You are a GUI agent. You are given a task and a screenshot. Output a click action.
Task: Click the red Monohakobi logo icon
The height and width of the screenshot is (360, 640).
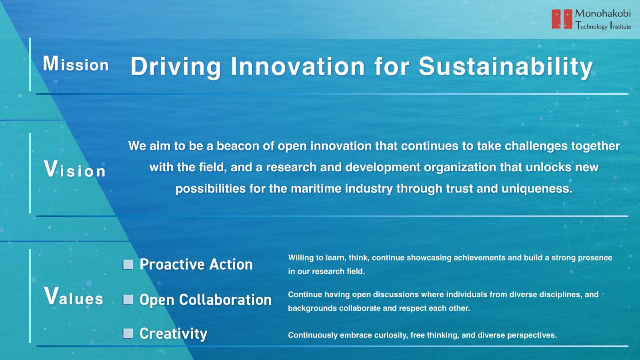point(562,19)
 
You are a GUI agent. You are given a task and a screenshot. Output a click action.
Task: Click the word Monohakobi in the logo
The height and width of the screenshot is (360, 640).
point(603,14)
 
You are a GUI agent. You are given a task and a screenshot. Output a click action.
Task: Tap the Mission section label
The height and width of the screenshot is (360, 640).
point(76,64)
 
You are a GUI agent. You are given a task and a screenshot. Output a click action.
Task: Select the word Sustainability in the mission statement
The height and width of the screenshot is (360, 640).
point(506,66)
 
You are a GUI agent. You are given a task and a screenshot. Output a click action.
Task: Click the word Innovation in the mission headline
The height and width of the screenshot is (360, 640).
point(298,66)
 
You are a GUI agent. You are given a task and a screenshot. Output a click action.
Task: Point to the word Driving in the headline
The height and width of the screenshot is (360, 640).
point(176,67)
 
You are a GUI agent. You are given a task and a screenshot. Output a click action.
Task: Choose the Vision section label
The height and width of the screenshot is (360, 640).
point(75,169)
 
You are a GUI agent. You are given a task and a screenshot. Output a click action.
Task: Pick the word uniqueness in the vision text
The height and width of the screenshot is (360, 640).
point(537,189)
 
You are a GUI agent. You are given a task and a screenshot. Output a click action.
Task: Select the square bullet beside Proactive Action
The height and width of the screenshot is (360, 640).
point(128,264)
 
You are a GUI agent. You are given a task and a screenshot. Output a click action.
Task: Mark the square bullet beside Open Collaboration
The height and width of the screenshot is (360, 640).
point(128,300)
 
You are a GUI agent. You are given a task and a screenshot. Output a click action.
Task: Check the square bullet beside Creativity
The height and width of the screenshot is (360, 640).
point(128,334)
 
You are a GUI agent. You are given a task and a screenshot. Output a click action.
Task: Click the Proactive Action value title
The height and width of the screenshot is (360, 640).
point(196,264)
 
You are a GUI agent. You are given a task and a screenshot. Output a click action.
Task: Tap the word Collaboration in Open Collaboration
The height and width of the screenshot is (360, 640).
point(226,300)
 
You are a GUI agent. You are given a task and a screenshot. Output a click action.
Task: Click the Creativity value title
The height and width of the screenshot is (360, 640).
point(174,334)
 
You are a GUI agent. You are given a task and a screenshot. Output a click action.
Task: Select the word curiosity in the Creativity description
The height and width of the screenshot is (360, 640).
point(388,335)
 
